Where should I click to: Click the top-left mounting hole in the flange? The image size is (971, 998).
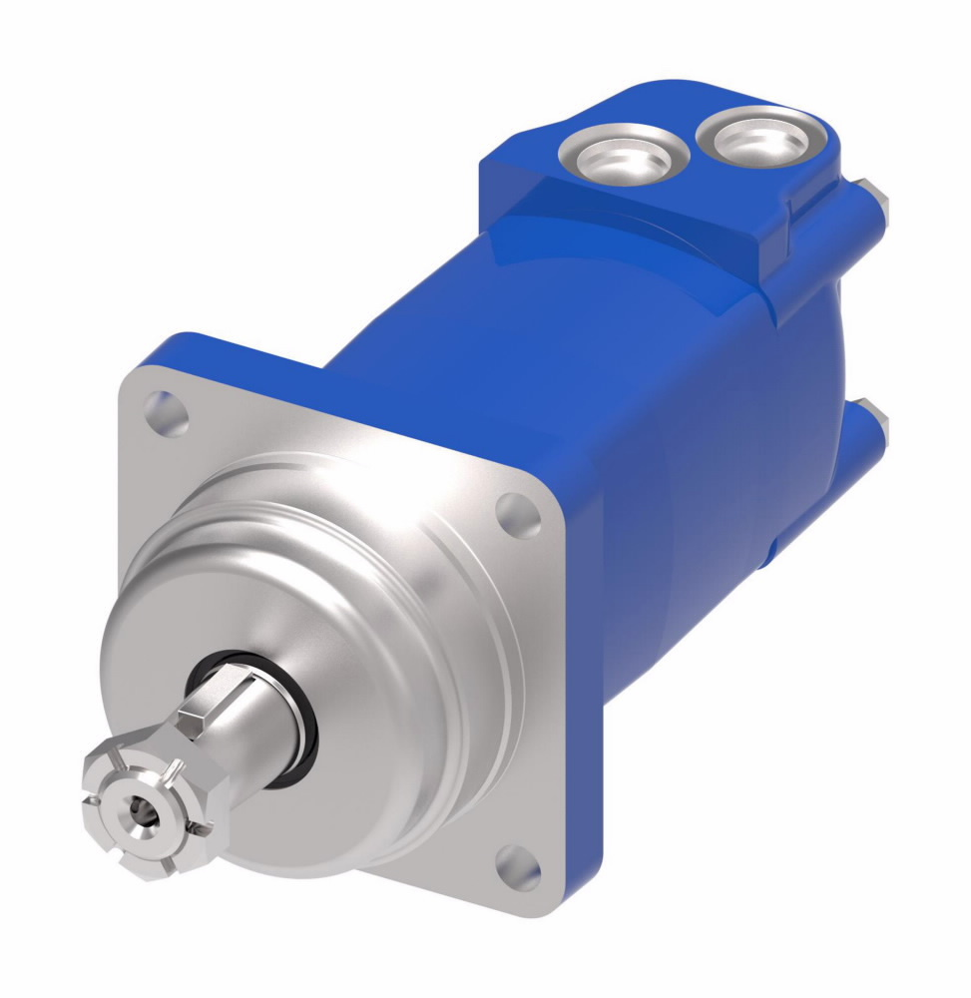166,413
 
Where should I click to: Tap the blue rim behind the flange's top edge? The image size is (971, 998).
249,349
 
